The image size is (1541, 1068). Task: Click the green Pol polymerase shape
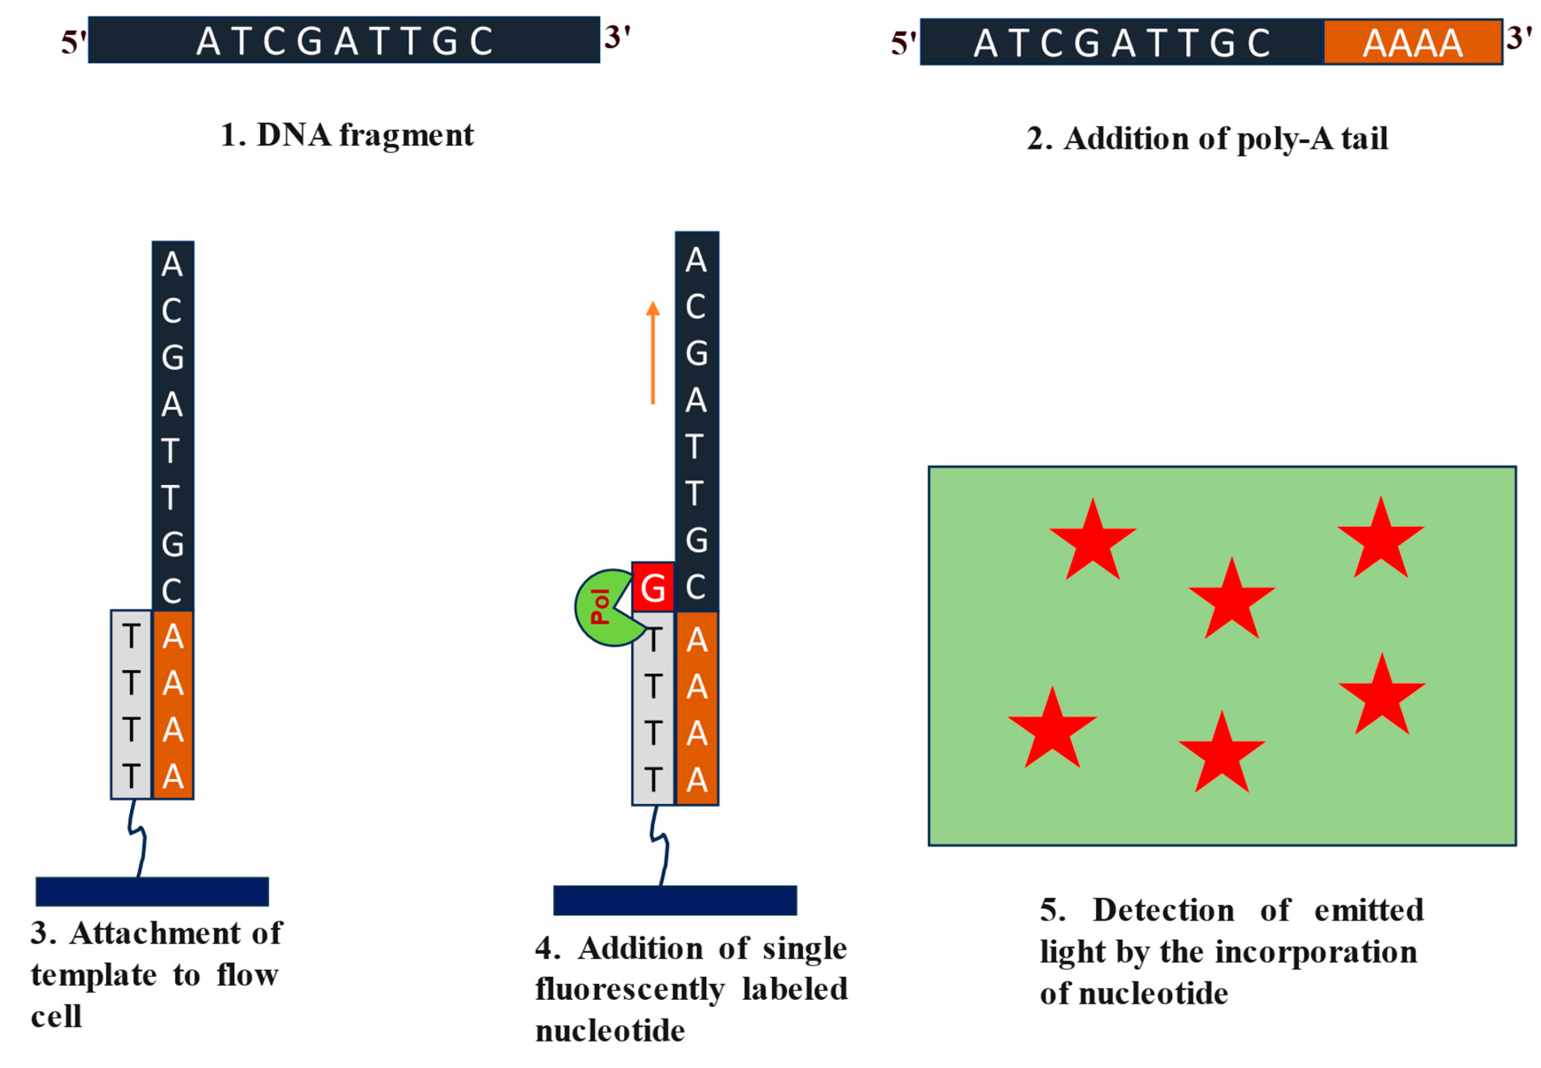[600, 607]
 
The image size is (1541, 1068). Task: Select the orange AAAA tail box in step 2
[1412, 43]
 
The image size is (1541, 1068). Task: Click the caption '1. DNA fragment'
[347, 135]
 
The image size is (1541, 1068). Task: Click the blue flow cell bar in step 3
[152, 892]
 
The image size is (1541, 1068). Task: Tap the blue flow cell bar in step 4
[674, 900]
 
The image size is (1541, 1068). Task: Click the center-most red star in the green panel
[1231, 600]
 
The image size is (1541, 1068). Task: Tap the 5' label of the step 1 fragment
[73, 43]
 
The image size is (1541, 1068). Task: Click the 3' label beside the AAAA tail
[1519, 38]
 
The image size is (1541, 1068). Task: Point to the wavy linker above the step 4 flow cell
[660, 845]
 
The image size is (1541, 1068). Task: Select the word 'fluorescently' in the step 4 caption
[630, 989]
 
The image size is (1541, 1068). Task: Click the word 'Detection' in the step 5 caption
[1163, 910]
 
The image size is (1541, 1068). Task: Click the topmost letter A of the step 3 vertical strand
[172, 264]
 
